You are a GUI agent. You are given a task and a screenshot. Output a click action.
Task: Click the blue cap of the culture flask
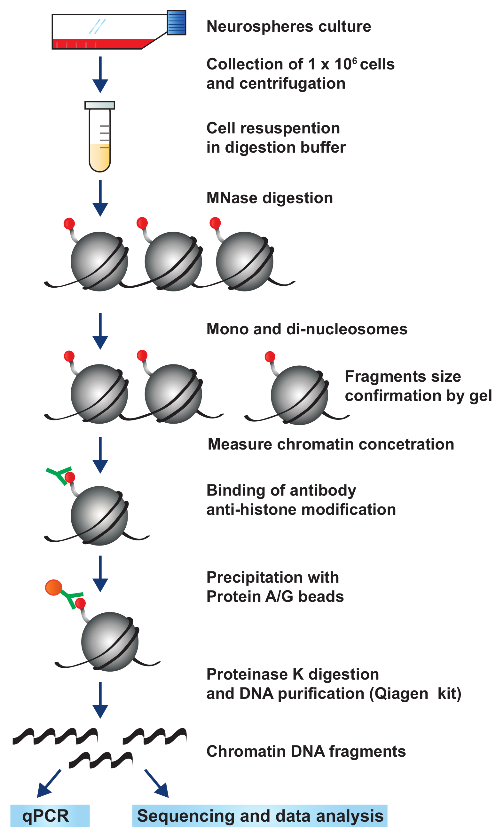[176, 23]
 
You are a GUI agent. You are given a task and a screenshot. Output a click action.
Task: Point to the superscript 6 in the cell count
[355, 60]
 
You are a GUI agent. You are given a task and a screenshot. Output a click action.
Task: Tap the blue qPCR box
[50, 816]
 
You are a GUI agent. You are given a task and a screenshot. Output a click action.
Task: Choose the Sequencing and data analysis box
[259, 816]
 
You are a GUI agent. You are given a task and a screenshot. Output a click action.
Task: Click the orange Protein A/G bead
[53, 588]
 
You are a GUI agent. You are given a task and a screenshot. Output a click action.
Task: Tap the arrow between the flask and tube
[100, 75]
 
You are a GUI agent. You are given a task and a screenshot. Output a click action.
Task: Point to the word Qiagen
[399, 694]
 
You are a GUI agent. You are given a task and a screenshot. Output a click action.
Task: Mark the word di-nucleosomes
[347, 329]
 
